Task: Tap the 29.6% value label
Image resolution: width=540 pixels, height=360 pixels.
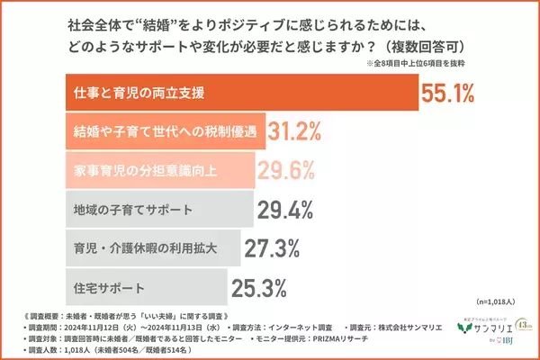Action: coord(286,171)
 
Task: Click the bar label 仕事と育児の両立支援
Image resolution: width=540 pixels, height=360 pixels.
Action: coord(139,93)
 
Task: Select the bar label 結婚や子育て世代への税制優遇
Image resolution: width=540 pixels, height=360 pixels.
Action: coord(163,132)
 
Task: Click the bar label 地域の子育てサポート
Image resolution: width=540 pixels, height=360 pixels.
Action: coord(133,210)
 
